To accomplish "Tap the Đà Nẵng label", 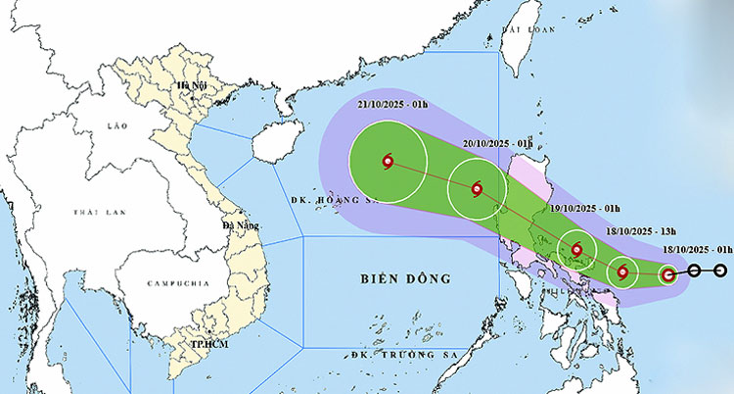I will tap(240, 225).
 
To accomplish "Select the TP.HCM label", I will tap(209, 346).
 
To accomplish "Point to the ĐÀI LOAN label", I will tap(522, 30).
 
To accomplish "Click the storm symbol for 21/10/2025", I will tap(389, 162).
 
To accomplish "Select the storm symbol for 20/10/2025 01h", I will tap(477, 190).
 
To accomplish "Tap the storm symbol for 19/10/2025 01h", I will tap(577, 250).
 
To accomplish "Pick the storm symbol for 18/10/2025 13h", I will tap(621, 270).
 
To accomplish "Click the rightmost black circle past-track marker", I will tap(719, 271).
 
